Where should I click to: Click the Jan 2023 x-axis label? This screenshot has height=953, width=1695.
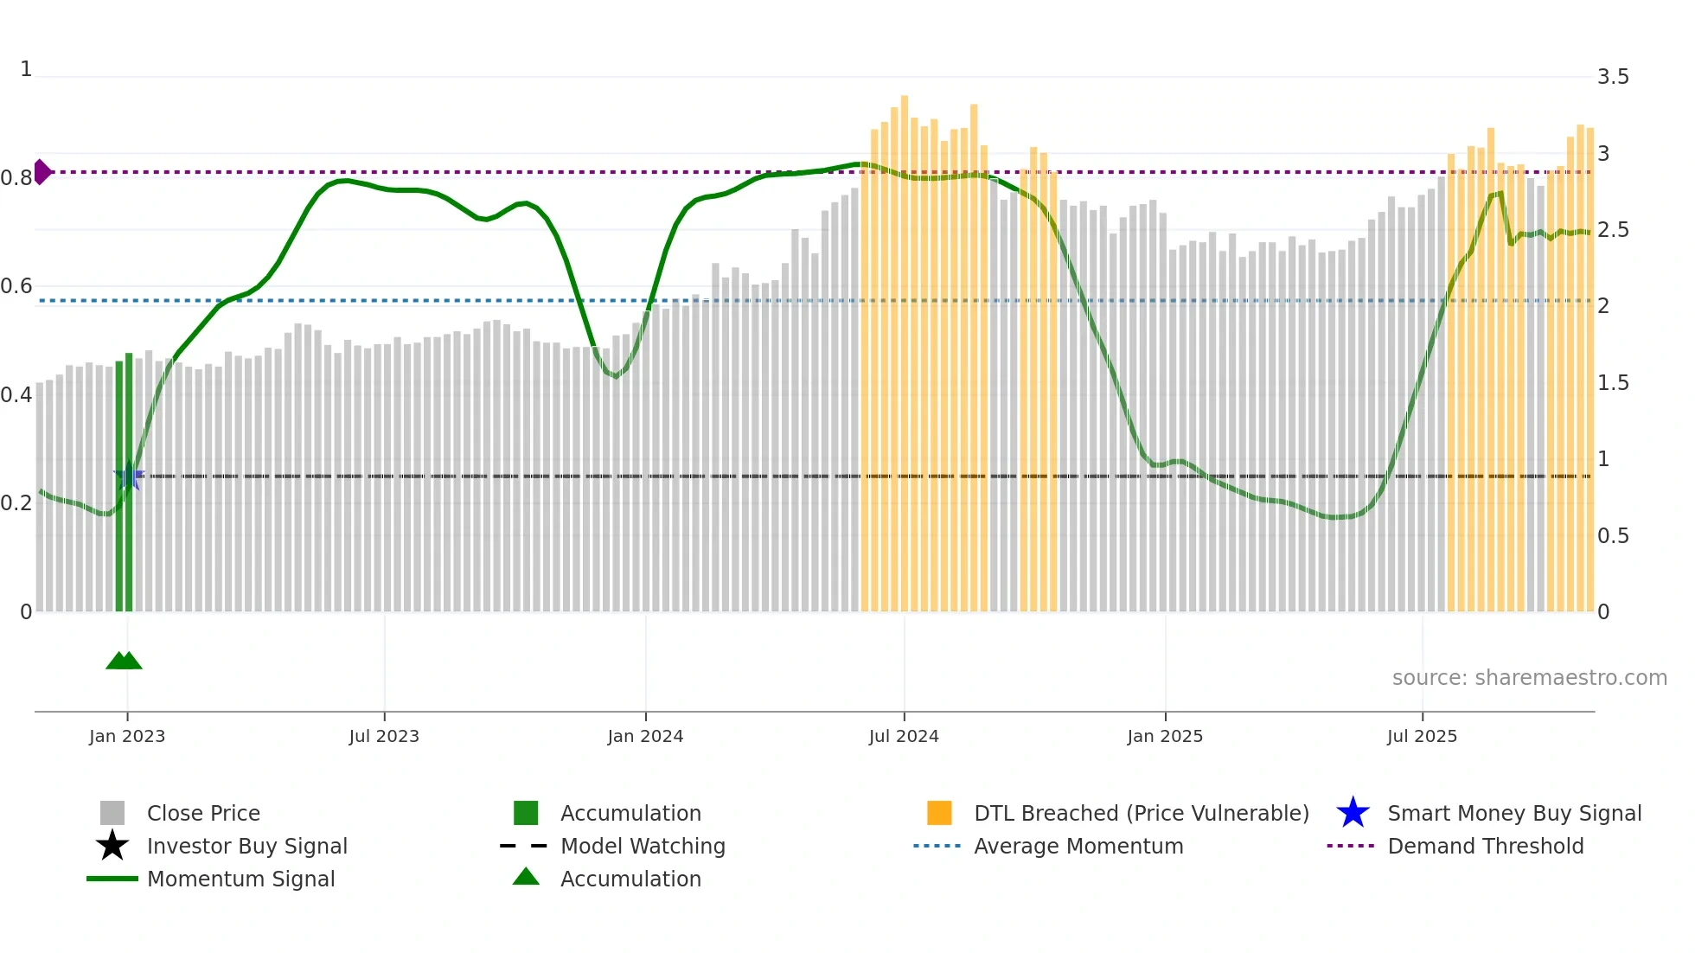tap(126, 736)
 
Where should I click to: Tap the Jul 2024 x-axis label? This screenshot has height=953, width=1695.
tap(904, 736)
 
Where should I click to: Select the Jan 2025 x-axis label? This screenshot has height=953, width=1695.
tap(1165, 736)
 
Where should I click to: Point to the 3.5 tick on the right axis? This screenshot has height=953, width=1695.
tap(1613, 77)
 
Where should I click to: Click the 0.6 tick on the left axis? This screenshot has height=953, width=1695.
tap(16, 286)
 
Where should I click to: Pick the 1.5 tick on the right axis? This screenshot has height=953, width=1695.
tap(1613, 383)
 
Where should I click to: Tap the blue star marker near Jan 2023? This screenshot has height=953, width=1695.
tap(129, 476)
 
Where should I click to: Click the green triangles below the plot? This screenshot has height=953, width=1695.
tap(124, 661)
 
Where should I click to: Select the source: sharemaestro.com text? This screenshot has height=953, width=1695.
tap(1529, 678)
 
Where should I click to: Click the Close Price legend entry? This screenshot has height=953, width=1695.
tap(203, 813)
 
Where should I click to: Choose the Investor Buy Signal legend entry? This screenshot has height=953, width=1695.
tap(246, 846)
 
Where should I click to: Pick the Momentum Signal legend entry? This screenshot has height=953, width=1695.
tap(240, 879)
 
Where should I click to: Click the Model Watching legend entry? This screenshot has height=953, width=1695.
tap(643, 846)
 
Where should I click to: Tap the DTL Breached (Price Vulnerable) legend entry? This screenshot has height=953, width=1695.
tap(1141, 813)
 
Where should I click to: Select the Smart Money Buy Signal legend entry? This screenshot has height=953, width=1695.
tap(1514, 813)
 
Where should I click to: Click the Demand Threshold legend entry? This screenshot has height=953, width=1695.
tap(1485, 846)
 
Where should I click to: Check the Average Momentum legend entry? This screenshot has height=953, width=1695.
tap(1078, 846)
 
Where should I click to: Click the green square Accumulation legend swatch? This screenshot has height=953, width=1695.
tap(526, 813)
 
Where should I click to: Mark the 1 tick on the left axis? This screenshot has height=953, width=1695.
tap(26, 69)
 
